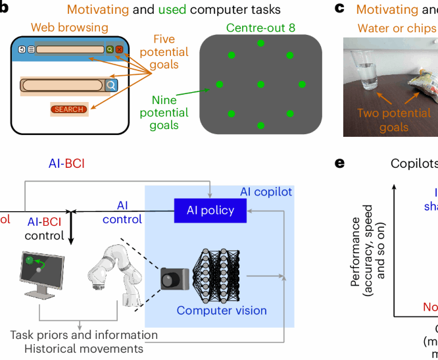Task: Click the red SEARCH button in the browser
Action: [69, 109]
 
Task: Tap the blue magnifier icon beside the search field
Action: [111, 85]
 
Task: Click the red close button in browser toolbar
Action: [119, 49]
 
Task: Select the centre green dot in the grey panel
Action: [261, 84]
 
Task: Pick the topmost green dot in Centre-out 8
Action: [260, 43]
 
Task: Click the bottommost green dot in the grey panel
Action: [261, 125]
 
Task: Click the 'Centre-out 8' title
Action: [260, 28]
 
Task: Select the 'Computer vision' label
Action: [222, 311]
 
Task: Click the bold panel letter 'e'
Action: [340, 163]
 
